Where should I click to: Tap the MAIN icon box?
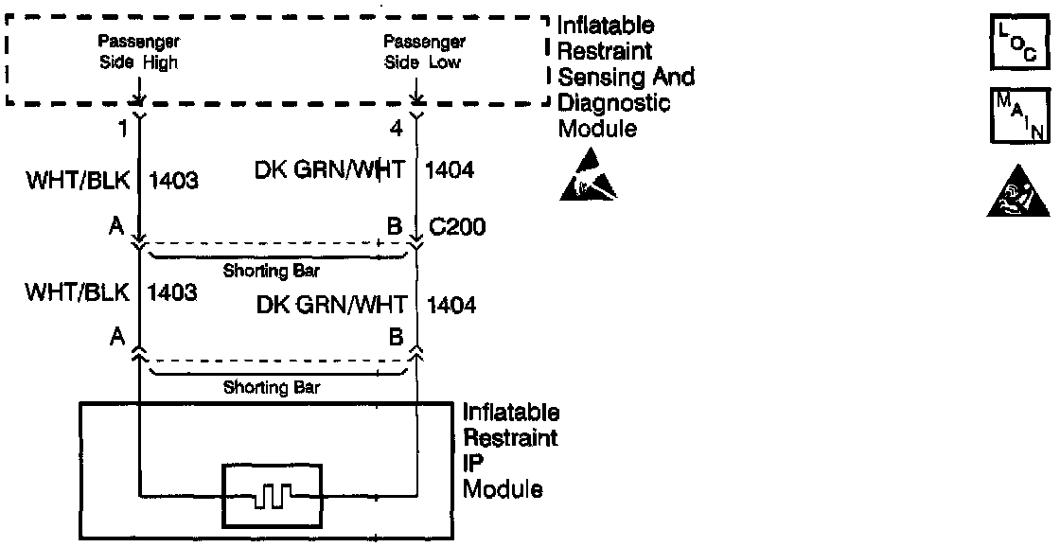pyautogui.click(x=1018, y=116)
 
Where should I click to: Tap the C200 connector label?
pyautogui.click(x=457, y=227)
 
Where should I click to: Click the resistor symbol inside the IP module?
pyautogui.click(x=272, y=492)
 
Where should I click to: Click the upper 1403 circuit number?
pyautogui.click(x=172, y=180)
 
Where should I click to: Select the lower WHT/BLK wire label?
pyautogui.click(x=78, y=292)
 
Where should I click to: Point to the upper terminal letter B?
pyautogui.click(x=396, y=228)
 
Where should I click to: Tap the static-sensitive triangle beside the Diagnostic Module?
pyautogui.click(x=587, y=178)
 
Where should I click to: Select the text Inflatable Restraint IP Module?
pyautogui.click(x=511, y=451)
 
